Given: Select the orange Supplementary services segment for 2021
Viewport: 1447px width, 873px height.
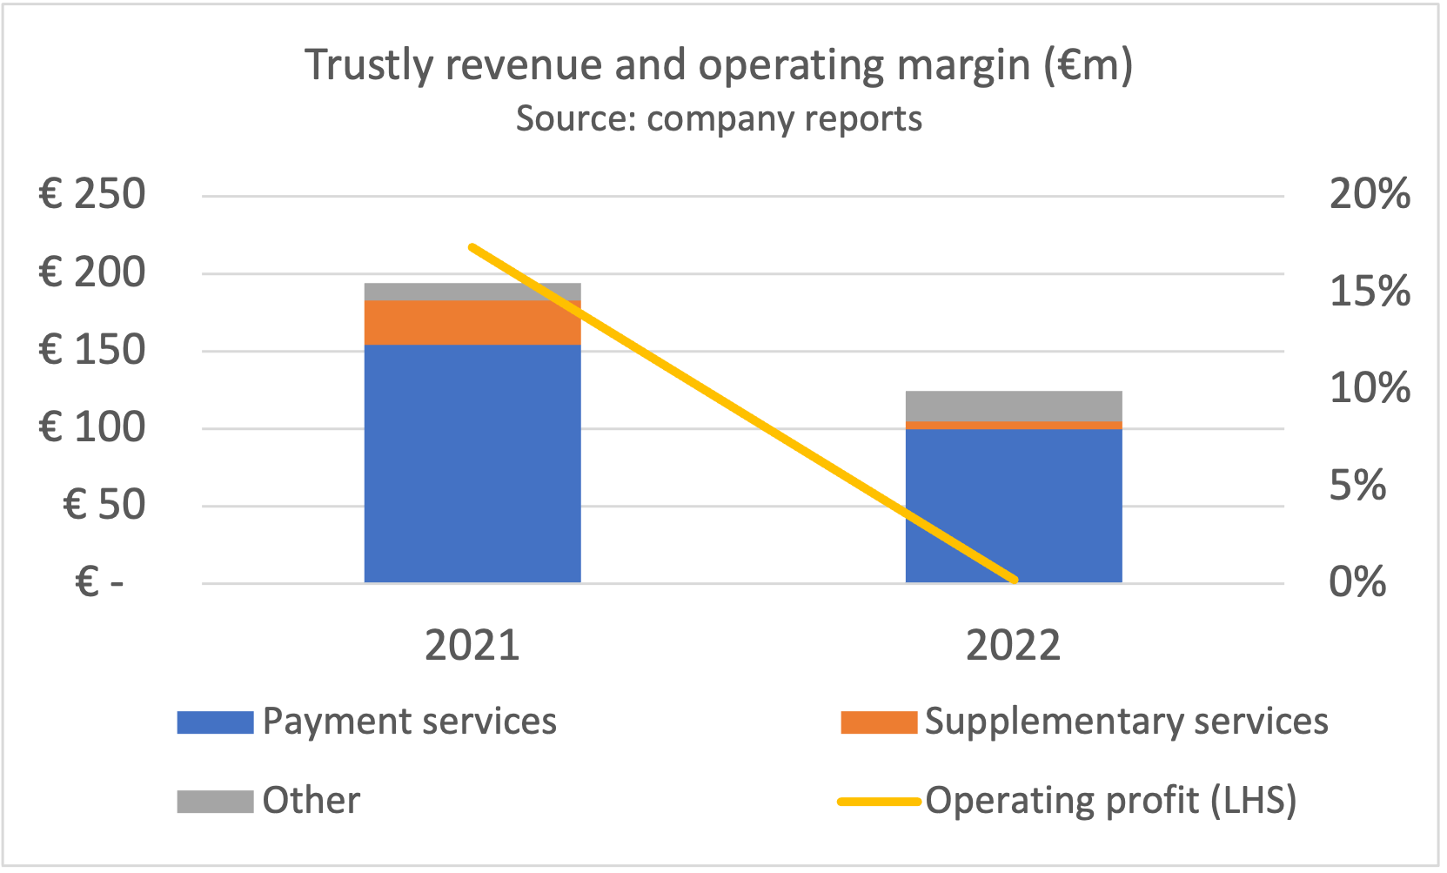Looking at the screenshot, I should (x=472, y=322).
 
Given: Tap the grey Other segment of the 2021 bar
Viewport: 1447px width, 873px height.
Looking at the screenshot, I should (x=472, y=292).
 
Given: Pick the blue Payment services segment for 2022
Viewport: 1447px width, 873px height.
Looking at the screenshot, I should (x=1014, y=505).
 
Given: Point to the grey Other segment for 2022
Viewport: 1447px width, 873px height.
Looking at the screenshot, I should (x=1014, y=406).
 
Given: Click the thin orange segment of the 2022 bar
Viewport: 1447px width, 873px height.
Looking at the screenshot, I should (x=1014, y=425).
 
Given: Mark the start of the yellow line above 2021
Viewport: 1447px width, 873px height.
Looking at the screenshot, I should (x=472, y=247).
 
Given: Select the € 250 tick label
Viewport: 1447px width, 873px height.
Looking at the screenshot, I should (x=92, y=194).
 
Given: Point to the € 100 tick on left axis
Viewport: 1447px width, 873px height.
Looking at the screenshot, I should (x=92, y=427).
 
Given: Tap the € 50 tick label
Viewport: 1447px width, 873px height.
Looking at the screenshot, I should (x=104, y=505).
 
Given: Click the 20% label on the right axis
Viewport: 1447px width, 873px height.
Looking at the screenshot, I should (x=1370, y=194).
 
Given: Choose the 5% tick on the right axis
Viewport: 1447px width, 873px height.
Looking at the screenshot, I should (x=1357, y=486).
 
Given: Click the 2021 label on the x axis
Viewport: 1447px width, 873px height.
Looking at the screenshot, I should (x=472, y=646).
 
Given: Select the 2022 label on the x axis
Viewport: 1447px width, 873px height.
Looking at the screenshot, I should (x=1014, y=646).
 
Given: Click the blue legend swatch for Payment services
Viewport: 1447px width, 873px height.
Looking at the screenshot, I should (x=215, y=722).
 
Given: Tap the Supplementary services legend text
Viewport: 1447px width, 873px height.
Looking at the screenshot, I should (x=1126, y=722).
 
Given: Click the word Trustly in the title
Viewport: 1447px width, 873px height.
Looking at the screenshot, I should (x=367, y=66).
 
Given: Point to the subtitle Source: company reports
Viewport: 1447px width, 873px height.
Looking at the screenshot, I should (x=719, y=118).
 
